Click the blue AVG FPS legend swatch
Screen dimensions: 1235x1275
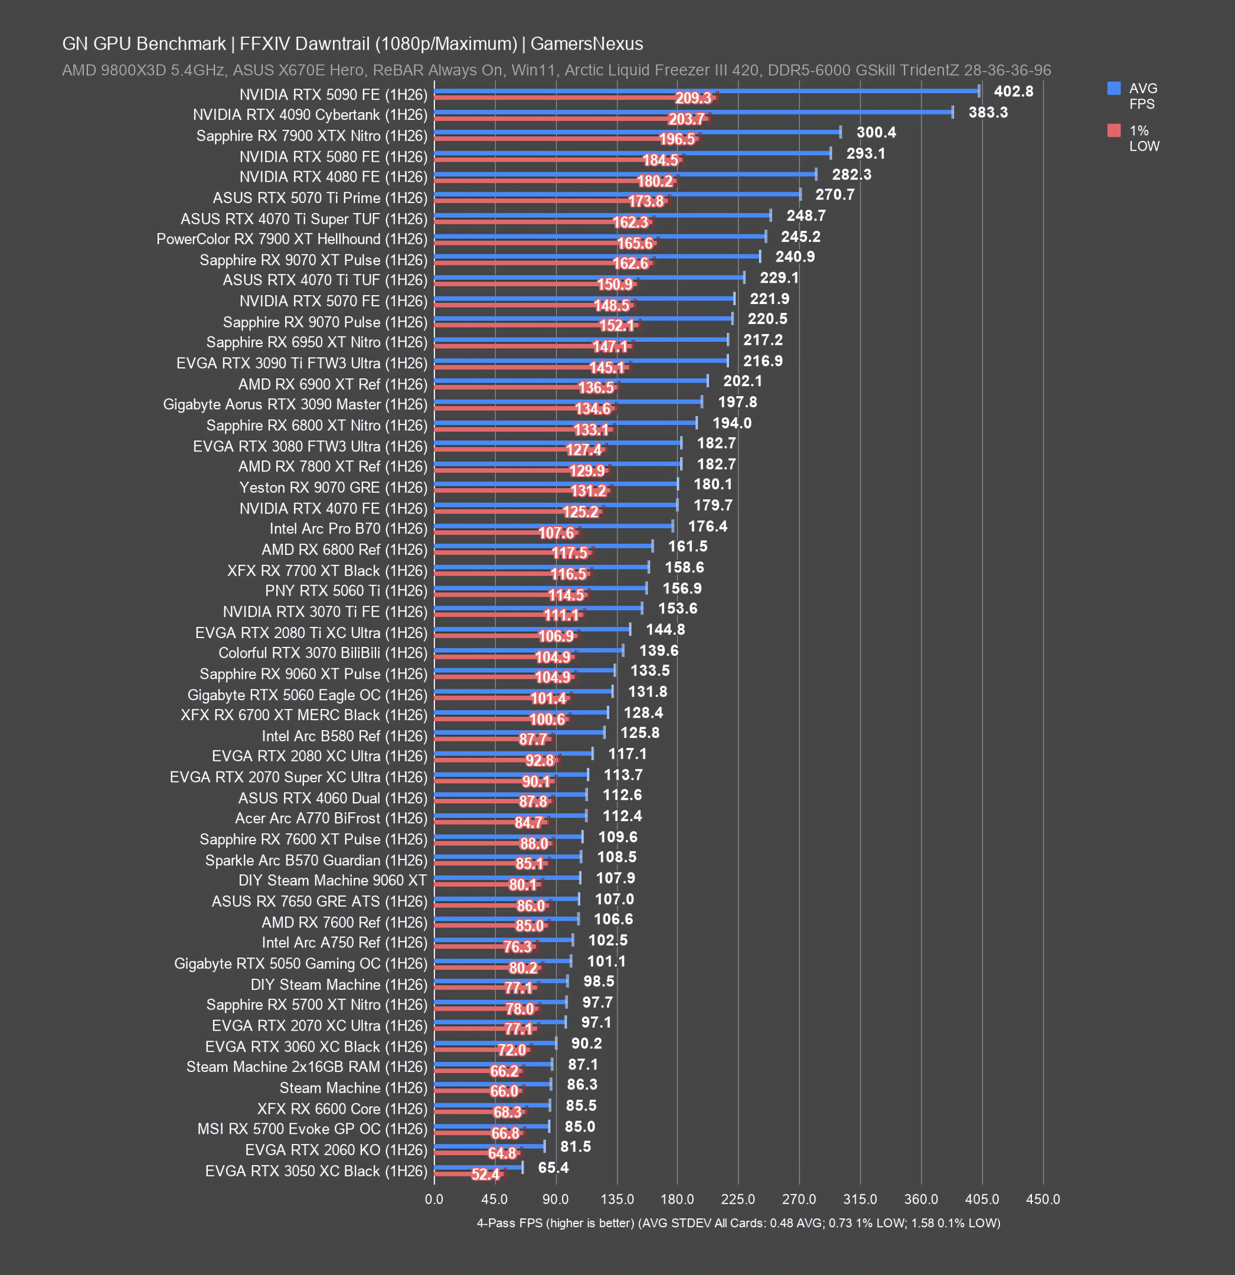click(x=1113, y=88)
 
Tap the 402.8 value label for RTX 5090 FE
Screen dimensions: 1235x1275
click(x=1013, y=91)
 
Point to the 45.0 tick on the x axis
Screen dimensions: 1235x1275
click(x=495, y=1198)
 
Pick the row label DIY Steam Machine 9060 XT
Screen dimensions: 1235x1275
click(x=332, y=880)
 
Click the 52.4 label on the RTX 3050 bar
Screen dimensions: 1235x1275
click(x=485, y=1173)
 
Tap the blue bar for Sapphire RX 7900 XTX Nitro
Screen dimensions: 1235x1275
click(x=637, y=132)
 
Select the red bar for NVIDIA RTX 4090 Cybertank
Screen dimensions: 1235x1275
click(x=571, y=119)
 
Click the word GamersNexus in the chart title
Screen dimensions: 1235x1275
click(x=586, y=44)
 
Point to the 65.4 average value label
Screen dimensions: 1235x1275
click(x=553, y=1167)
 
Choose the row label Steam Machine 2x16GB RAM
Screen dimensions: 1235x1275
click(x=306, y=1067)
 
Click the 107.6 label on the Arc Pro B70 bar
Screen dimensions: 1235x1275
click(x=556, y=533)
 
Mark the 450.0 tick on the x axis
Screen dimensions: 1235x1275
click(x=1043, y=1198)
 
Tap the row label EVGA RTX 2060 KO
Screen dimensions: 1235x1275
click(x=336, y=1149)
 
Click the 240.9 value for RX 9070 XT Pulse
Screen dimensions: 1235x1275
click(x=795, y=256)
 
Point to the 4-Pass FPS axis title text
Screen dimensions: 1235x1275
click(x=739, y=1223)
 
